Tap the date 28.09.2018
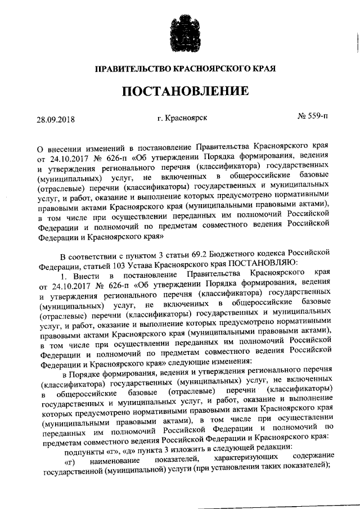(x=56, y=119)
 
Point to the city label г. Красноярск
(x=183, y=118)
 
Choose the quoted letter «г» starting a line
(x=71, y=462)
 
